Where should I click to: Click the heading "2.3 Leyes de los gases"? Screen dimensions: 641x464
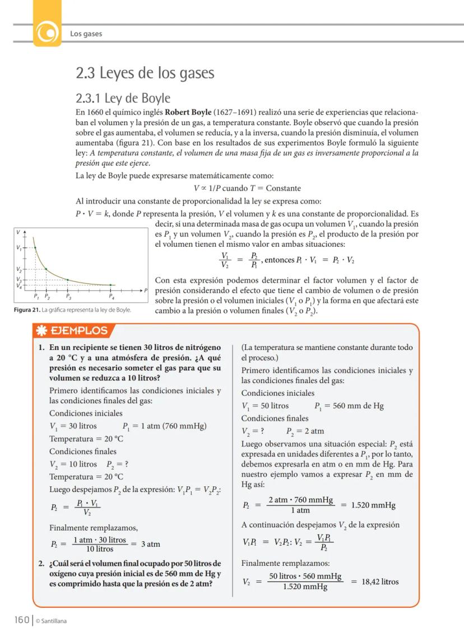[145, 73]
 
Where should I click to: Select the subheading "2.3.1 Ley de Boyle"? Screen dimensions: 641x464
[123, 98]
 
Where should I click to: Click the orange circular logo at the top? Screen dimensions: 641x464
[47, 33]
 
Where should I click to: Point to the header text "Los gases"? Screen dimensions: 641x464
[86, 34]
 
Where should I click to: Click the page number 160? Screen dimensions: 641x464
[21, 620]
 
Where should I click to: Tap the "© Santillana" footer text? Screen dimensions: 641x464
[52, 620]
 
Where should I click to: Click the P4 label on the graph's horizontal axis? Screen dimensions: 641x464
[111, 297]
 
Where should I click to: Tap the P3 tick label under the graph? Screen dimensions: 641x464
[68, 297]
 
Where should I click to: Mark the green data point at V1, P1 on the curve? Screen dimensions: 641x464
[35, 247]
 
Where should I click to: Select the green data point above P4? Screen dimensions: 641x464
[111, 285]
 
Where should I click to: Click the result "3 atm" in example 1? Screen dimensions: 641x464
[150, 543]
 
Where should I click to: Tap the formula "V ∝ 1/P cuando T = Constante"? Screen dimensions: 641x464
[247, 188]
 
